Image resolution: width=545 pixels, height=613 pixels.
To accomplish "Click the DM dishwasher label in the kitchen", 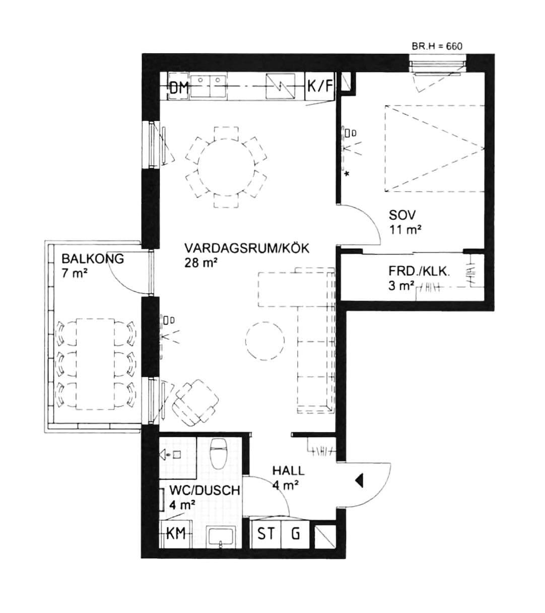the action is coord(179,88).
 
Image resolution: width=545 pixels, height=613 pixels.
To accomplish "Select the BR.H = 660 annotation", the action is coord(437,46).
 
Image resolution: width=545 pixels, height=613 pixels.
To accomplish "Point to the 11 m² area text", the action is coord(405,229).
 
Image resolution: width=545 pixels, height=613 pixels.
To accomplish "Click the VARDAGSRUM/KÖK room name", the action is coord(247,248).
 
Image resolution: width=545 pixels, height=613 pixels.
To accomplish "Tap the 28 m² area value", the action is coord(201,263).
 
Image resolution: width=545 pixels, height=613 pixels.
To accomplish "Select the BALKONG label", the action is coord(93,259).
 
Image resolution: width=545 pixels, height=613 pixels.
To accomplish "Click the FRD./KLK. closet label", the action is coord(419,271).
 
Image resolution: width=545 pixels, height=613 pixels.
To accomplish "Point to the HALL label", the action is coord(288,471).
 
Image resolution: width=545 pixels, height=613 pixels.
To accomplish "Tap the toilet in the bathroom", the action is coord(219,453).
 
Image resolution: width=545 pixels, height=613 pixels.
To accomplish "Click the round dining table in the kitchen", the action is coord(226,167).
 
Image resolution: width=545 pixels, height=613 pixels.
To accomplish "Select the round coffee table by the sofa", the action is coord(265,341).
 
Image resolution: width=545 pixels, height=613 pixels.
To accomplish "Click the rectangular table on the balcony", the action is coord(95,364).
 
